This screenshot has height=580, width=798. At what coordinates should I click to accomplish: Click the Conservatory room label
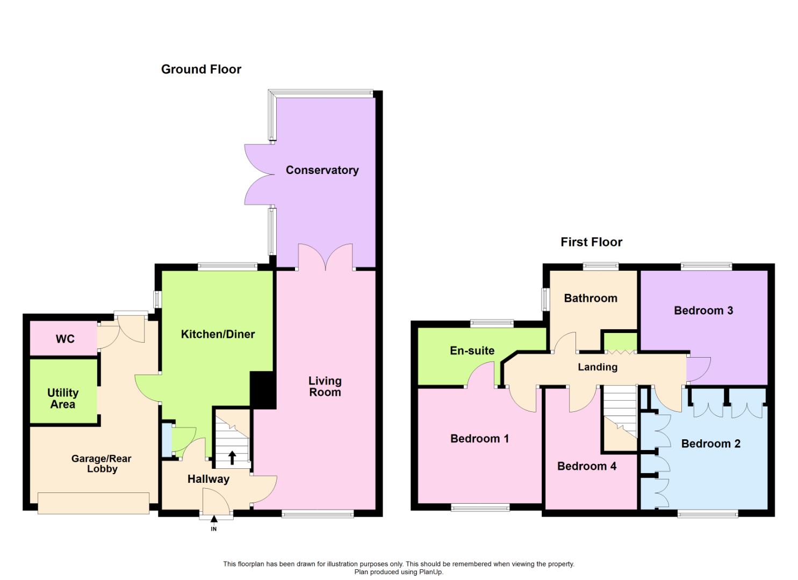[322, 170]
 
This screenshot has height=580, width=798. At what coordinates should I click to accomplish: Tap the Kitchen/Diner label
[218, 334]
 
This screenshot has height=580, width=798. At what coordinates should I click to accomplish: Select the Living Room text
[325, 387]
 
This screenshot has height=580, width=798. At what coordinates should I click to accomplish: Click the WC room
[64, 339]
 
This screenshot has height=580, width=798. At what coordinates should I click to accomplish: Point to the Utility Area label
[63, 398]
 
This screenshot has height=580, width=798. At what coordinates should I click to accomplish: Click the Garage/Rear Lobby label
[102, 463]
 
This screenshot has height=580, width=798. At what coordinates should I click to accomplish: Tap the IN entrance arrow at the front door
[214, 520]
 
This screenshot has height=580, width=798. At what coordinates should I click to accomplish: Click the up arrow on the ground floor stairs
[232, 458]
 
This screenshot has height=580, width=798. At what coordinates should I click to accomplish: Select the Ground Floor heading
[201, 69]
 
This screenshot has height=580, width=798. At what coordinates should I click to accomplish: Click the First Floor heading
[591, 242]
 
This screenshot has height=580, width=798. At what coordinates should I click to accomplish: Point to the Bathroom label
[590, 299]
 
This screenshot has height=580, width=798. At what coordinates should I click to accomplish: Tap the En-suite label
[472, 351]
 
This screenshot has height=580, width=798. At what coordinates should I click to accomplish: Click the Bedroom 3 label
[703, 310]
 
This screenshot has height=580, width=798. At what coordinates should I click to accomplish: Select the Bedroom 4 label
[586, 466]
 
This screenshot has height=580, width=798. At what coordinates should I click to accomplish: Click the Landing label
[597, 367]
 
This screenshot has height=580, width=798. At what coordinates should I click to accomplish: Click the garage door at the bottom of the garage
[94, 503]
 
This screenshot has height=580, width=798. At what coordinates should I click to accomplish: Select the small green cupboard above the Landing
[620, 342]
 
